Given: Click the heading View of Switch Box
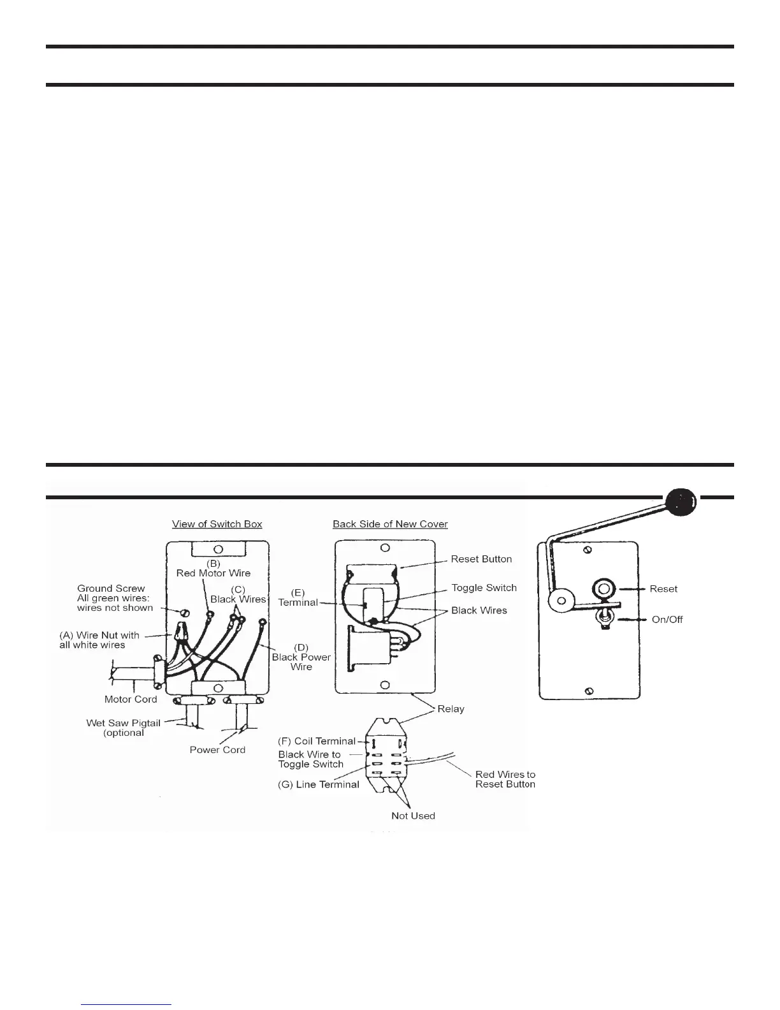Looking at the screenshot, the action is (217, 524).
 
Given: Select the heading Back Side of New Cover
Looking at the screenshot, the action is (390, 524).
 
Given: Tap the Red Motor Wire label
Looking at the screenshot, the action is (213, 573).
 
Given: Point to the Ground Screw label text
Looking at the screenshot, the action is (111, 589).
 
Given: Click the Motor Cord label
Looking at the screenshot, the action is (131, 699).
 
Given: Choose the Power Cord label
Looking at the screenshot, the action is (217, 750).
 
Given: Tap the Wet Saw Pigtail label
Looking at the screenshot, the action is (124, 723).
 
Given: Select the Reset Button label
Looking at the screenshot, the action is (481, 559).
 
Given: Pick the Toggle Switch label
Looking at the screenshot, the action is (484, 588).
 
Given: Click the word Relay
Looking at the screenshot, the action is (451, 709).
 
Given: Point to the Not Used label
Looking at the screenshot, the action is (413, 816).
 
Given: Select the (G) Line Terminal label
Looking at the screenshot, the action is (319, 784).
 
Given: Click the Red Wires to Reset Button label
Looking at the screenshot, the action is (505, 779).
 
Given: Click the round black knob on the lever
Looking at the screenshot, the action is (681, 502).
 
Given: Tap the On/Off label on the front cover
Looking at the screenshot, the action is (667, 620).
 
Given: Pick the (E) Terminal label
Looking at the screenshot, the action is (298, 598).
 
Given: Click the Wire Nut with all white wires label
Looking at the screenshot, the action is (99, 640).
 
